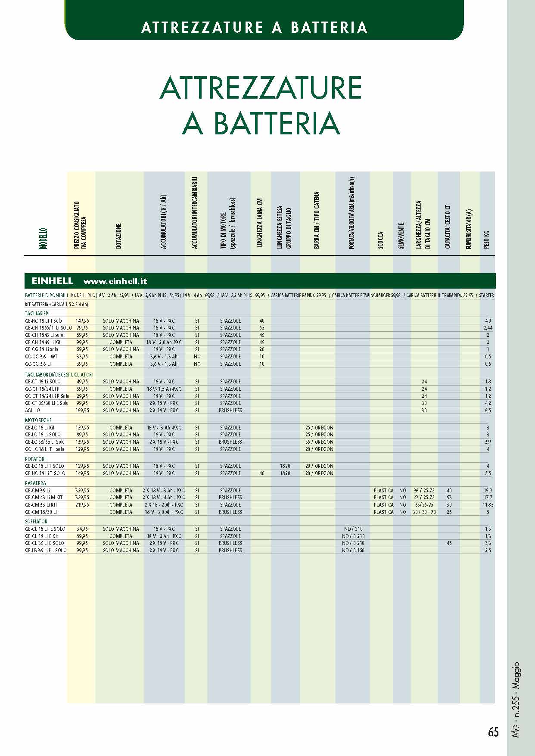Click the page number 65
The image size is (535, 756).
493,732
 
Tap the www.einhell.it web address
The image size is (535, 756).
115,281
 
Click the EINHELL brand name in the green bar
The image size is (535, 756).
53,281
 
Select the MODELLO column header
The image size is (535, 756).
44,238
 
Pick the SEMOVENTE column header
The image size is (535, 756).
401,236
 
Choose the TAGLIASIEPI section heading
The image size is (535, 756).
37,314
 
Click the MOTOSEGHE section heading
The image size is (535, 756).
38,420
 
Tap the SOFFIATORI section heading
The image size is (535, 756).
37,522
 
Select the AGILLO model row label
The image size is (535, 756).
32,411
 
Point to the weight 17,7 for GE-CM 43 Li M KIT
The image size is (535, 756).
488,498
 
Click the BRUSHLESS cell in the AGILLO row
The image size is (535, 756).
230,411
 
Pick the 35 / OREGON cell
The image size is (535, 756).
319,442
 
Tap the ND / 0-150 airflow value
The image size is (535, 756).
353,551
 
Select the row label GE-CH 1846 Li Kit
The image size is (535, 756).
43,342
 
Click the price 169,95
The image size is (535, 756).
82,411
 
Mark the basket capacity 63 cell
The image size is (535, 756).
449,498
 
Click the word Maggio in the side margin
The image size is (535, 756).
516,677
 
